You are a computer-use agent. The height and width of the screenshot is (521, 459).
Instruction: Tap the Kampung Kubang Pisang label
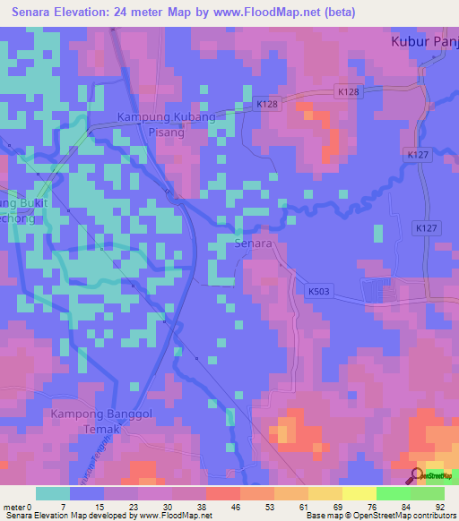tap(167, 124)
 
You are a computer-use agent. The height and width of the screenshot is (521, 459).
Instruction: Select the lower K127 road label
tap(427, 229)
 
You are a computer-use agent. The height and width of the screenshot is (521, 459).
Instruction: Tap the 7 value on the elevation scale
tap(64, 507)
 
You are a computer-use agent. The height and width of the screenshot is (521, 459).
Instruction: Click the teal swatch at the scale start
tap(53, 493)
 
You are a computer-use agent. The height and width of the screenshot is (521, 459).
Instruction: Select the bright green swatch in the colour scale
tap(393, 493)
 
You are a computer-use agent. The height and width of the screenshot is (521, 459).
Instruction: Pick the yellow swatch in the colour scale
tap(325, 493)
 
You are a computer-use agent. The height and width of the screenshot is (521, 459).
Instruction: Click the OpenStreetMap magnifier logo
tap(416, 475)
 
